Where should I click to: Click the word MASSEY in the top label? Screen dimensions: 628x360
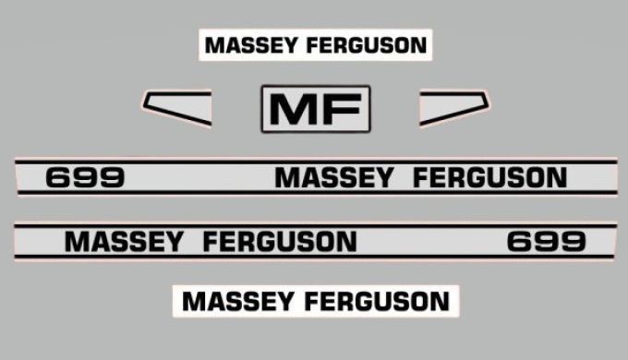(x=249, y=45)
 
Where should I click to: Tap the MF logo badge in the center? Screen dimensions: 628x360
(x=315, y=109)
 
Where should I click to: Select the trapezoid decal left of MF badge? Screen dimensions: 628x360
(x=177, y=107)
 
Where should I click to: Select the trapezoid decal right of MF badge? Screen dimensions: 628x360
(x=453, y=106)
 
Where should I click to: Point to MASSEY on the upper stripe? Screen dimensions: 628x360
(x=333, y=177)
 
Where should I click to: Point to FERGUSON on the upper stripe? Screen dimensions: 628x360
(x=490, y=177)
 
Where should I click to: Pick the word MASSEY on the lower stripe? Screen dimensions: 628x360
(x=125, y=243)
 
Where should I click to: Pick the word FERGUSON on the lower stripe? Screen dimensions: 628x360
(x=279, y=243)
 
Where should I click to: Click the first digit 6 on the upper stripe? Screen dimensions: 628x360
(x=58, y=177)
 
